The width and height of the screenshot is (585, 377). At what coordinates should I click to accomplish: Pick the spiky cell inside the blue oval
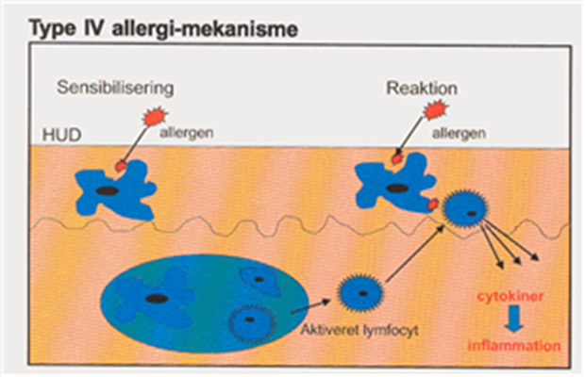click(248, 323)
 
